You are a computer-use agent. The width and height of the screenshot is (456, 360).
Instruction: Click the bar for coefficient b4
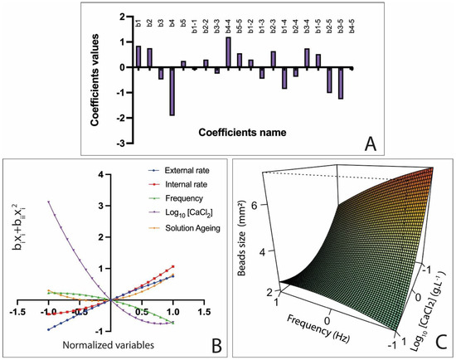click(x=172, y=91)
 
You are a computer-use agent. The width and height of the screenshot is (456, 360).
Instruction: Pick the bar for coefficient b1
click(x=138, y=57)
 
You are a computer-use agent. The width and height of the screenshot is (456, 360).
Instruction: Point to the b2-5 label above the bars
click(x=328, y=31)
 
